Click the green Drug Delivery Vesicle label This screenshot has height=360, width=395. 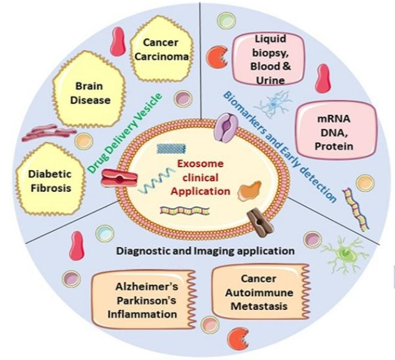tap(126, 134)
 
